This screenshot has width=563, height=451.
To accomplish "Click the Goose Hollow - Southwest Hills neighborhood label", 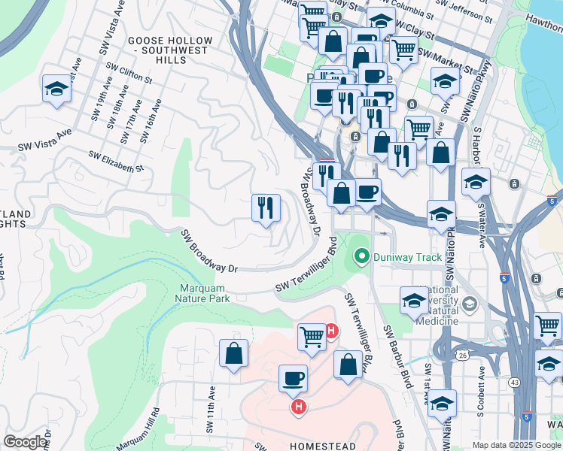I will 157,50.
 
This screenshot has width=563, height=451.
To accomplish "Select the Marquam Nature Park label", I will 204,292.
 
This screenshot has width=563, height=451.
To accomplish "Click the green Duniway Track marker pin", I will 362,257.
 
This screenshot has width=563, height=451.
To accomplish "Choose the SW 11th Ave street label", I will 211,403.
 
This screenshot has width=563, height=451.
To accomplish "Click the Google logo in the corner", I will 25,442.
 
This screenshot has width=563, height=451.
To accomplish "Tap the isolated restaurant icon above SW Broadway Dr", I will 265,208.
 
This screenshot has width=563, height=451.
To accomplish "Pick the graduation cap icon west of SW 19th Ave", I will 56,89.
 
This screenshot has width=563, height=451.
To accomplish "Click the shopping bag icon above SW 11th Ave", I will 234,353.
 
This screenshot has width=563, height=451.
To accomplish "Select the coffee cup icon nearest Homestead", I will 293,378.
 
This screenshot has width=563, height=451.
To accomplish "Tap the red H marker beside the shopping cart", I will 330,330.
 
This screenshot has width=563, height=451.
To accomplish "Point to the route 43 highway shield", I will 515,383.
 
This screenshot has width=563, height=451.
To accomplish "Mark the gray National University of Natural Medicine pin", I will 470,304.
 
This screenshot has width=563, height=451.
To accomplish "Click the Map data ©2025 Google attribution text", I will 516,445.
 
